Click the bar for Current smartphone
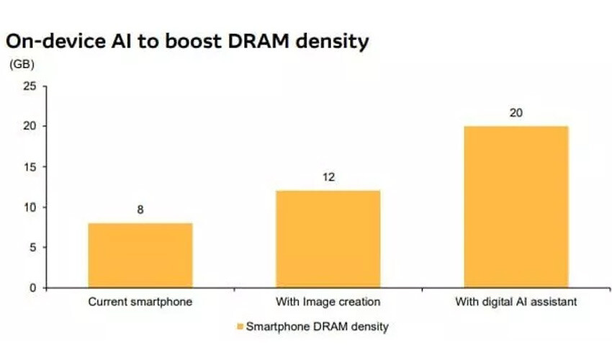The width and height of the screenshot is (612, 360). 140,256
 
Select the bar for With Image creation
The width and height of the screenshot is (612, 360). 328,239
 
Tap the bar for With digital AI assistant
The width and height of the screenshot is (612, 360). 516,207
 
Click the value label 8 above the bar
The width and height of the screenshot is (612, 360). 140,211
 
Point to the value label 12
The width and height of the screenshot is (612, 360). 328,178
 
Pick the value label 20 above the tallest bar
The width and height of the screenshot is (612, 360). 516,113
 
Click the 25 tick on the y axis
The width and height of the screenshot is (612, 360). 30,86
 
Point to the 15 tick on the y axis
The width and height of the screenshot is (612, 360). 30,167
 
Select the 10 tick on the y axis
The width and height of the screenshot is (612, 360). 30,207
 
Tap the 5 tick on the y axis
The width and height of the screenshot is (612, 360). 32,248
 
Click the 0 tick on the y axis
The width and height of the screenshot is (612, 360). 32,288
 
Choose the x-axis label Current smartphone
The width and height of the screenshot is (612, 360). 140,302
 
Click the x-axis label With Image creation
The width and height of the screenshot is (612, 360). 328,302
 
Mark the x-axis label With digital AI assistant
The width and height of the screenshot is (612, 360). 516,302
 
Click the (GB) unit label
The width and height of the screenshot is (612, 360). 22,63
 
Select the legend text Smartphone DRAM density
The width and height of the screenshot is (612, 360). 318,327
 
